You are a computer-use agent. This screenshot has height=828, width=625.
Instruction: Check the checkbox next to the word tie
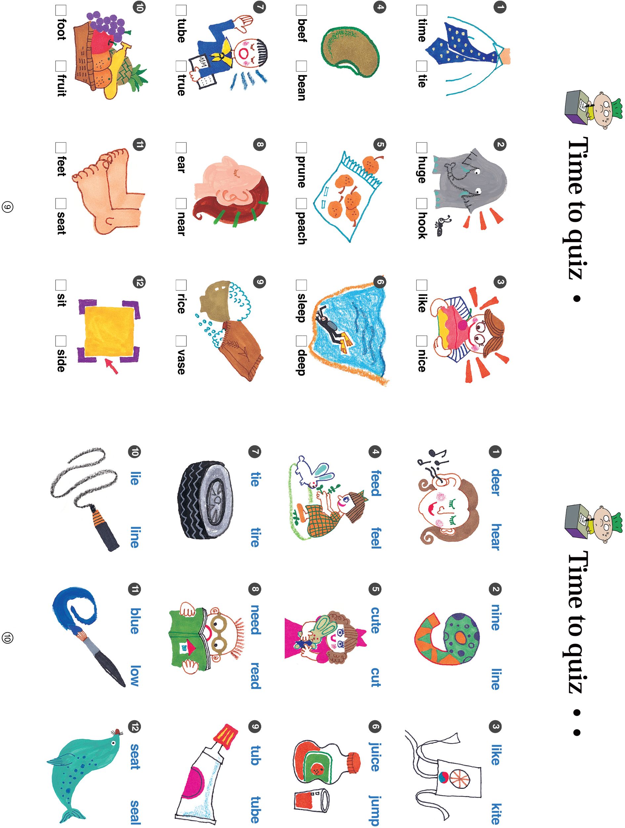click(421, 66)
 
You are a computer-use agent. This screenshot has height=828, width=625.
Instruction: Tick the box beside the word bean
click(301, 66)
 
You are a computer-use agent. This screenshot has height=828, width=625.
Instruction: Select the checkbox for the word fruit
click(61, 66)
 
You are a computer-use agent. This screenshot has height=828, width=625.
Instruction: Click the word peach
click(301, 228)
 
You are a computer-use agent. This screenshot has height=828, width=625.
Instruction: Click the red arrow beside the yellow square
click(111, 366)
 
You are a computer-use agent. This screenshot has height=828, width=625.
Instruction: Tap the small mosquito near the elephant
click(442, 226)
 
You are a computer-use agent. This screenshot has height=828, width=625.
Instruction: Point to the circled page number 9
click(8, 207)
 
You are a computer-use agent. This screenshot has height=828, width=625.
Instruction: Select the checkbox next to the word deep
click(301, 341)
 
